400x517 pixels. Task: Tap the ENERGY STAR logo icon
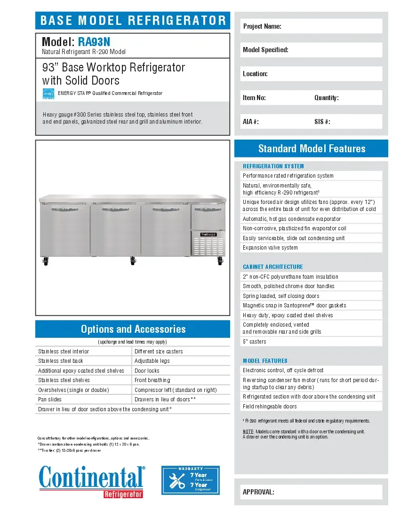click(x=48, y=94)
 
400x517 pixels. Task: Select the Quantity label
click(x=327, y=98)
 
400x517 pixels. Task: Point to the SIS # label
click(x=322, y=122)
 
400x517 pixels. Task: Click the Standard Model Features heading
click(x=312, y=149)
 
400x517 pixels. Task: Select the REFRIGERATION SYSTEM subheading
click(x=273, y=166)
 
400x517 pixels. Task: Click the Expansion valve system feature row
click(x=270, y=248)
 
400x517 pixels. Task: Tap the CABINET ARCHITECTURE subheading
click(x=273, y=266)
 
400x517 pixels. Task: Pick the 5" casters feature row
click(x=255, y=342)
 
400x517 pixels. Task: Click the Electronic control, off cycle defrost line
click(x=283, y=370)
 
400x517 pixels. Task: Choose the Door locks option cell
click(x=147, y=371)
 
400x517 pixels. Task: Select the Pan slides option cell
click(x=50, y=399)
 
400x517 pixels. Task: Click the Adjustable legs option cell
click(x=152, y=361)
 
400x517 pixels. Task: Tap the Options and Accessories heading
click(x=133, y=329)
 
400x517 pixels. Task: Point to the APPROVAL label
click(x=258, y=492)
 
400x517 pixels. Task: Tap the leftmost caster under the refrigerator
click(x=46, y=261)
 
